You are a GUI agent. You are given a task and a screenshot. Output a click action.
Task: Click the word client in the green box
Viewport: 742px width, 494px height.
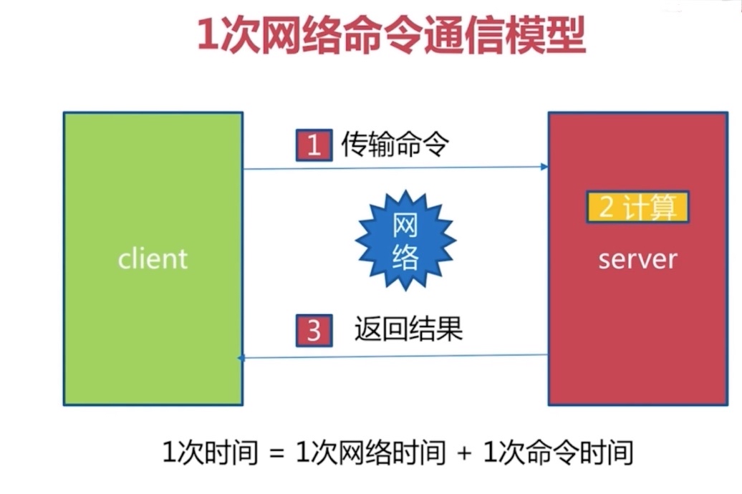click(153, 258)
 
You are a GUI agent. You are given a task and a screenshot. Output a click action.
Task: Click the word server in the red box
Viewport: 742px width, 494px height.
click(637, 258)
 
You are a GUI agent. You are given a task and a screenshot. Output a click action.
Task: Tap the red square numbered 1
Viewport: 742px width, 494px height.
click(313, 146)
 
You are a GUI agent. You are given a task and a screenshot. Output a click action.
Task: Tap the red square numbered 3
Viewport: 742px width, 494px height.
click(313, 331)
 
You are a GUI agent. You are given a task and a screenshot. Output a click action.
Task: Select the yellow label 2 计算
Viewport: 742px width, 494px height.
click(637, 207)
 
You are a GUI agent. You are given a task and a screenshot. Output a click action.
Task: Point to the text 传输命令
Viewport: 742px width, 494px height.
click(395, 146)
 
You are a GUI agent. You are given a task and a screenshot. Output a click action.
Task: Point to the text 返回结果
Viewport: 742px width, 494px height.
click(408, 330)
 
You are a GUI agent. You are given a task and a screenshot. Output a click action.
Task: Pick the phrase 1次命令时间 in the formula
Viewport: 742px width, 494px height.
click(559, 454)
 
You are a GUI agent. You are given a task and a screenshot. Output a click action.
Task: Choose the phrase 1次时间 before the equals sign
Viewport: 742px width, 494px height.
click(207, 454)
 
